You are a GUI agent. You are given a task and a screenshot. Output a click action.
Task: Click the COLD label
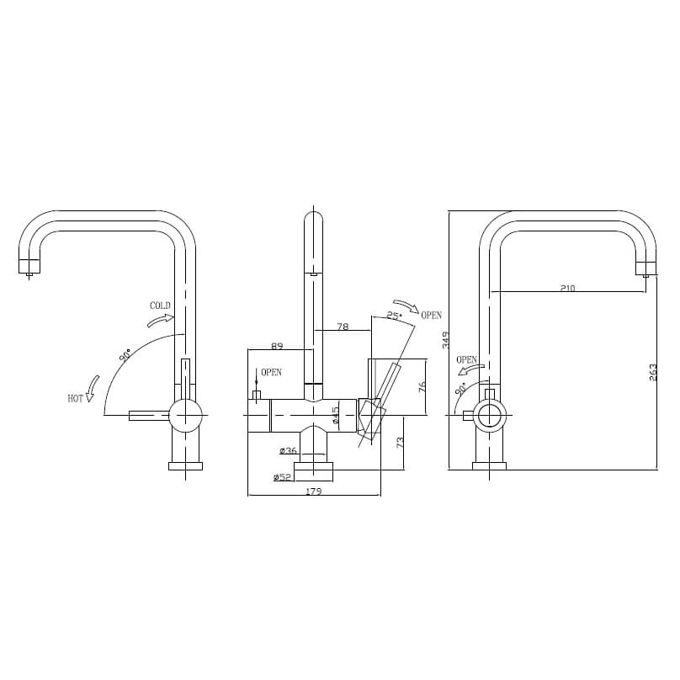[160, 305]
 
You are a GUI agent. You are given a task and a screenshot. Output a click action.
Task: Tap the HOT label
[76, 398]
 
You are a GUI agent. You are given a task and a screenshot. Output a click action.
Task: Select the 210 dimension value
[567, 288]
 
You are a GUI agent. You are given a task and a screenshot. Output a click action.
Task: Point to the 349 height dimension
[446, 339]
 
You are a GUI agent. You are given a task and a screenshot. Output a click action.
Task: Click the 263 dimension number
[653, 371]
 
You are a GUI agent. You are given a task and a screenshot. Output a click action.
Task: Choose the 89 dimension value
[277, 345]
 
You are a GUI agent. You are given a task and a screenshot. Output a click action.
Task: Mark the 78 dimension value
[343, 327]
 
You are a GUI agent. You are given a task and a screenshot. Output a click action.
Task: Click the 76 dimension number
[422, 386]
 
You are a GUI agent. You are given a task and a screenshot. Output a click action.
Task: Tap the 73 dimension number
[400, 441]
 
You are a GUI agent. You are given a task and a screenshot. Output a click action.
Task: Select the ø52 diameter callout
[282, 477]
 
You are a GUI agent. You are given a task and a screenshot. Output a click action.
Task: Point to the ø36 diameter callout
[288, 452]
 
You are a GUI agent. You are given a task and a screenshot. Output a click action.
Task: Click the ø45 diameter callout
[335, 415]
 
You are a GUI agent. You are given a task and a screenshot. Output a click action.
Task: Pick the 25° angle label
[393, 316]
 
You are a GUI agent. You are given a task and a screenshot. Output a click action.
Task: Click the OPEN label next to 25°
[431, 316]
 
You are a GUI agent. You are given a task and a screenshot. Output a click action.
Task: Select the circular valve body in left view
[185, 414]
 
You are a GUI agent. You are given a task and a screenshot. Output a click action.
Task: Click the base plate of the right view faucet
[489, 465]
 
